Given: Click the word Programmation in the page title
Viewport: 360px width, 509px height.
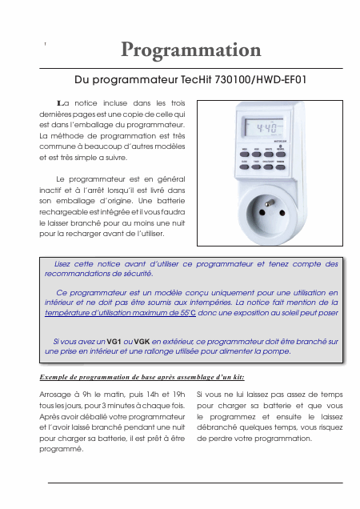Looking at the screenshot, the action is [191, 50].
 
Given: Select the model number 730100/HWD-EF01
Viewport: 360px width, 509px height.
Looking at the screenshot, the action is [261, 80].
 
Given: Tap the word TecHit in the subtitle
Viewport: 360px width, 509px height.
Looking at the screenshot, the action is [196, 80].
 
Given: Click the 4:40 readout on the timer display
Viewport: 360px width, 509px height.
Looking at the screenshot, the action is [267, 128].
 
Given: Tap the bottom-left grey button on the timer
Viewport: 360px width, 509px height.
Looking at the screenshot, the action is [245, 166].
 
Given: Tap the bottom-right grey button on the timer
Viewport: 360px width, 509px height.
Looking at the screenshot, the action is [281, 167].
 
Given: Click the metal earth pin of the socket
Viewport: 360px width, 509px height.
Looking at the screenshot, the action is [269, 203].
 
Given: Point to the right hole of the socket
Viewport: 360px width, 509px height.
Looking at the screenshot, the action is [282, 213].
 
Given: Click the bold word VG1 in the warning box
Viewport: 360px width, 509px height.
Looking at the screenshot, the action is [114, 342].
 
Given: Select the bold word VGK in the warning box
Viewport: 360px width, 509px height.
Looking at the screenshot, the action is [142, 342].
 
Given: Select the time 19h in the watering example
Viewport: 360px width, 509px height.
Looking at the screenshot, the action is [179, 395].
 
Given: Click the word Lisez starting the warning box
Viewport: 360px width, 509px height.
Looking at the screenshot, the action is [62, 264].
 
